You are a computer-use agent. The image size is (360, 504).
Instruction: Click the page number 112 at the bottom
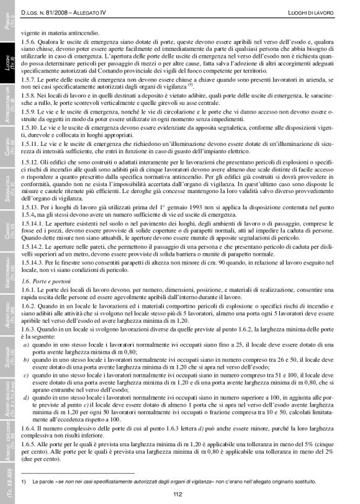[178, 494]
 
